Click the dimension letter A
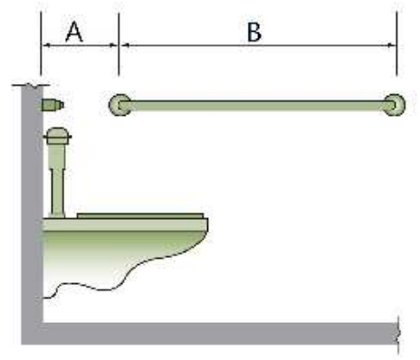coord(74,32)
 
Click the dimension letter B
coord(254,33)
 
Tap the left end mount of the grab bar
coord(119,105)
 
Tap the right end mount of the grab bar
coord(395,105)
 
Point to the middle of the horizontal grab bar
coord(257,105)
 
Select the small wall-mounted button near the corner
coord(52,105)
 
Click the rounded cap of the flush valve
coord(57,136)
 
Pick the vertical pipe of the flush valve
coord(57,180)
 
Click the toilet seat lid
coord(140,215)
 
